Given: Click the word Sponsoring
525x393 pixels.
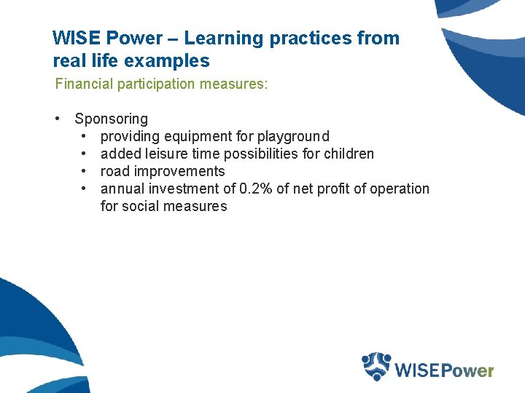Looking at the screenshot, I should click(111, 119).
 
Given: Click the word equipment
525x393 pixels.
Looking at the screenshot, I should click(198, 136).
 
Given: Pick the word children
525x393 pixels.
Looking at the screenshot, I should click(349, 154).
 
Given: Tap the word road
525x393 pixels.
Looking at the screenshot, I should click(114, 171).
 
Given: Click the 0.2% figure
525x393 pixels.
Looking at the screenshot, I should click(258, 188).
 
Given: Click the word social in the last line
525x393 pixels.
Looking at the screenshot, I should click(140, 206).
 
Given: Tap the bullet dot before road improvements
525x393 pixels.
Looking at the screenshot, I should click(85, 171).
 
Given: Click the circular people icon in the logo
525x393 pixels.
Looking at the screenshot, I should click(377, 366).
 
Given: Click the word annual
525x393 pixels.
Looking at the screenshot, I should click(120, 188).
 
